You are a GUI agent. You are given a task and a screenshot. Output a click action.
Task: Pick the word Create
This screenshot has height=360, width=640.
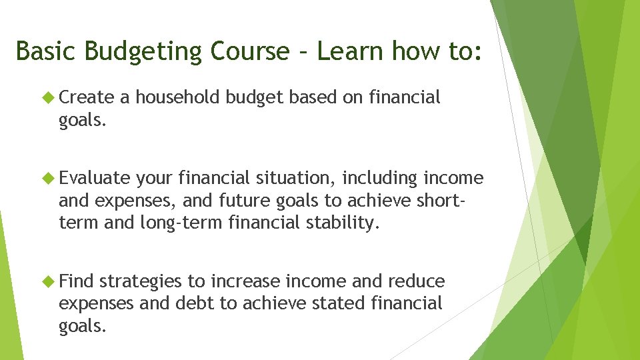pyautogui.click(x=87, y=97)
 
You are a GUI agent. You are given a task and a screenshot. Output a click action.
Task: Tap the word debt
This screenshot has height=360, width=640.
pyautogui.click(x=195, y=303)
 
